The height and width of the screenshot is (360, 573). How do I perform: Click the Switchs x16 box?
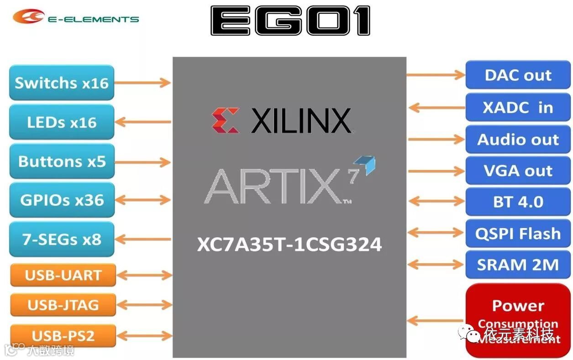[x=62, y=83]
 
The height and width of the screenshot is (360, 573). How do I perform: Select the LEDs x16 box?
[x=62, y=122]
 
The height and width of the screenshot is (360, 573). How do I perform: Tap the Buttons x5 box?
[x=62, y=161]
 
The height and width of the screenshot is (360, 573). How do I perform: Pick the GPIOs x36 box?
[x=62, y=200]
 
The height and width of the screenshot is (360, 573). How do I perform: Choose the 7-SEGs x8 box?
[x=62, y=239]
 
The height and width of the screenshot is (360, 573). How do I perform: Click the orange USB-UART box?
[x=63, y=275]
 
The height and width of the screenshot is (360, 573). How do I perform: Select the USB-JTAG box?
[x=63, y=305]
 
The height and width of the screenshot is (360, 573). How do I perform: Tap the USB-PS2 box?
[x=63, y=336]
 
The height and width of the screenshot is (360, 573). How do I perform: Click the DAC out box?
[x=518, y=75]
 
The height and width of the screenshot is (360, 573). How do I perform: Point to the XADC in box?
[x=518, y=108]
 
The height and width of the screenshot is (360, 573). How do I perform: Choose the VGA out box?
[x=518, y=171]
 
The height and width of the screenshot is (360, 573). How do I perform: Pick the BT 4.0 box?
[x=518, y=202]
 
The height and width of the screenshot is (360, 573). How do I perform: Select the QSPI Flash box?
[x=518, y=234]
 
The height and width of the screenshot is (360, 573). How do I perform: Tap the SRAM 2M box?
[x=518, y=265]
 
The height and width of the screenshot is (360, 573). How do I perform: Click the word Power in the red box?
[x=518, y=305]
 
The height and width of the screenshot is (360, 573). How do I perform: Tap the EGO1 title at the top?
[x=290, y=21]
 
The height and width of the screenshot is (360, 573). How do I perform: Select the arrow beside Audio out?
[x=436, y=140]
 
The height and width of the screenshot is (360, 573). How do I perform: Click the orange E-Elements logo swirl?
[x=28, y=17]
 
